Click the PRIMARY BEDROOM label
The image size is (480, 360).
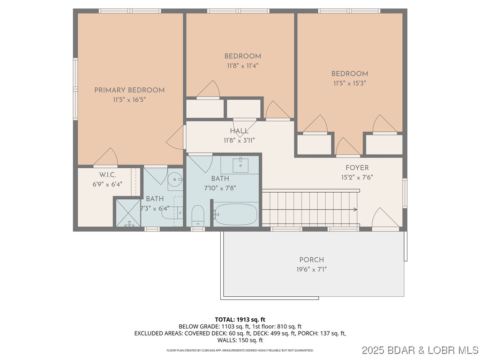(x=129, y=90)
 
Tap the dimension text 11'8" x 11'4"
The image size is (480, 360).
(x=242, y=66)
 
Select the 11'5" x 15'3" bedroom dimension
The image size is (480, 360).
(x=350, y=83)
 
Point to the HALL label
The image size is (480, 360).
(x=239, y=131)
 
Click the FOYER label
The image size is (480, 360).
(x=357, y=168)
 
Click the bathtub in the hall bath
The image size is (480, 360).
(x=236, y=215)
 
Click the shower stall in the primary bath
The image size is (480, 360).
(x=127, y=212)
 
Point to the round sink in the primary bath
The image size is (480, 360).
(x=174, y=179)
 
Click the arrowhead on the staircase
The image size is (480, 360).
(x=355, y=210)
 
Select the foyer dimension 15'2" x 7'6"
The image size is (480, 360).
(x=357, y=177)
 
